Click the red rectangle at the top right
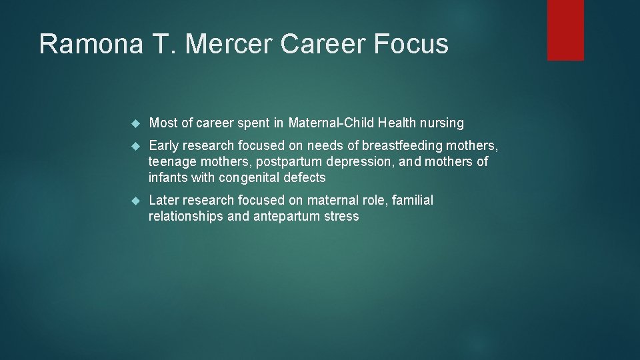tap(565, 30)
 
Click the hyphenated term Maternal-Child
tap(331, 123)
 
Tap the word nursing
tap(442, 123)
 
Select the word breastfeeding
tap(402, 145)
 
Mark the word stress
tap(341, 217)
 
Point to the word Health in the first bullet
tap(397, 123)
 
